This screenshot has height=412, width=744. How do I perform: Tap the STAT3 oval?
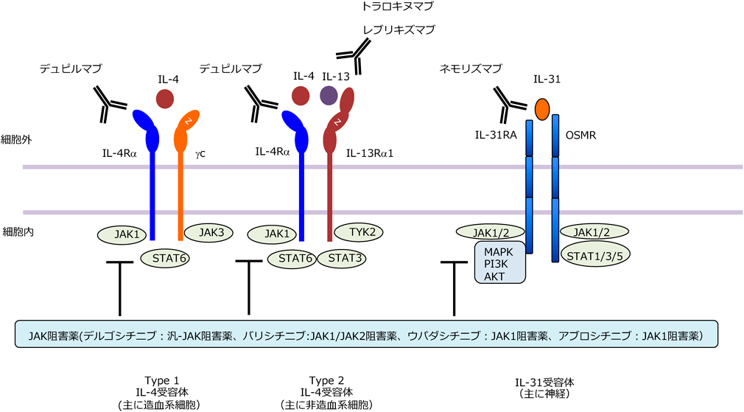tap(343, 259)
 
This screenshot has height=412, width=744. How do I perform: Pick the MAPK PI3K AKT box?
tap(500, 262)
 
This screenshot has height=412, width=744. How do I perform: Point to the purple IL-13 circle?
tap(329, 96)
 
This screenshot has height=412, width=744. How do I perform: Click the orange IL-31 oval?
tap(542, 108)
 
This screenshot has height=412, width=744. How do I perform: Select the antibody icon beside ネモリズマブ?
tap(507, 104)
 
